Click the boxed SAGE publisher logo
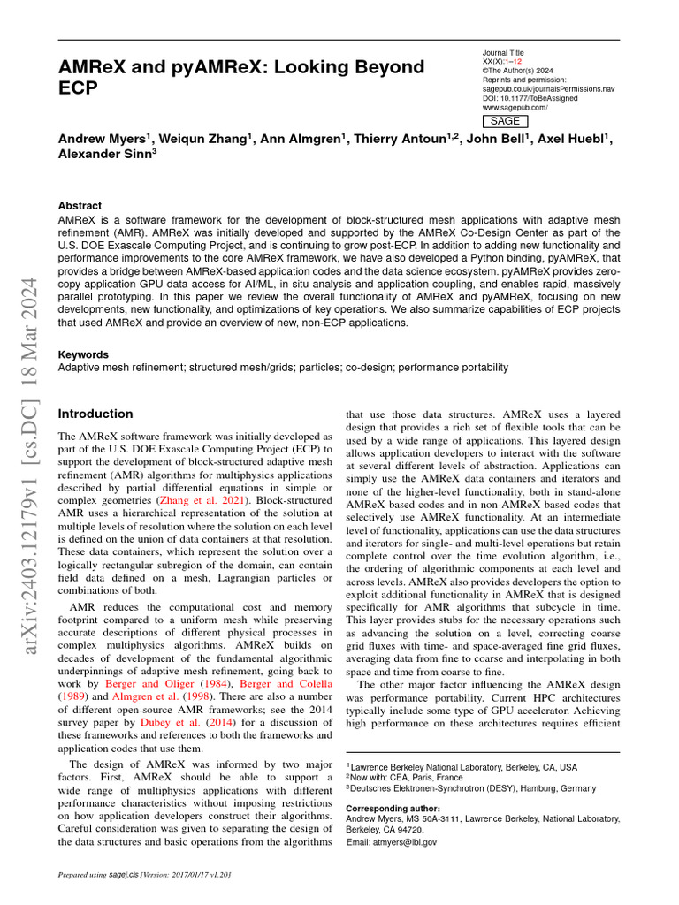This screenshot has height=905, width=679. pos(505,121)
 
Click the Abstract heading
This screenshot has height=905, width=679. pos(80,205)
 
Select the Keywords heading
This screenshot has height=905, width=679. pos(85,354)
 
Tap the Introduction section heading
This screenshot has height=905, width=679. pos(95,414)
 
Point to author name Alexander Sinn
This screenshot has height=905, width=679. pos(107,153)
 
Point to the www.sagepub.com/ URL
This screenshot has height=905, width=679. pos(515,108)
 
